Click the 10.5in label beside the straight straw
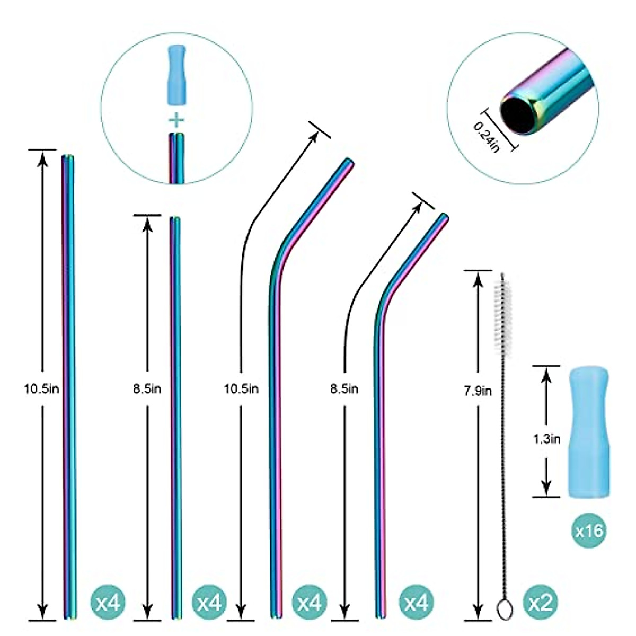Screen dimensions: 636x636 pos(41,389)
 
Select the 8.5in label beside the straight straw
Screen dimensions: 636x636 pos(147,389)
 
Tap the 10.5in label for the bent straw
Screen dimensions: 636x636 pos(241,389)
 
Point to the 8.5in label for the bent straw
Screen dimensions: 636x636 pos(344,389)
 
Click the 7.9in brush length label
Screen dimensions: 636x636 pos(478,391)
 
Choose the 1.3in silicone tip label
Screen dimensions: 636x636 pos(546,439)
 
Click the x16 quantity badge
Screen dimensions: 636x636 pos(589,529)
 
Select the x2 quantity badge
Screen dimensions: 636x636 pos(540,603)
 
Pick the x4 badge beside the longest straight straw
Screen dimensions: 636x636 pos(109,603)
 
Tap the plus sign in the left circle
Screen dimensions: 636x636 pos(176,120)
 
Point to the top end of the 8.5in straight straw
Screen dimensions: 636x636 pos(175,218)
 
